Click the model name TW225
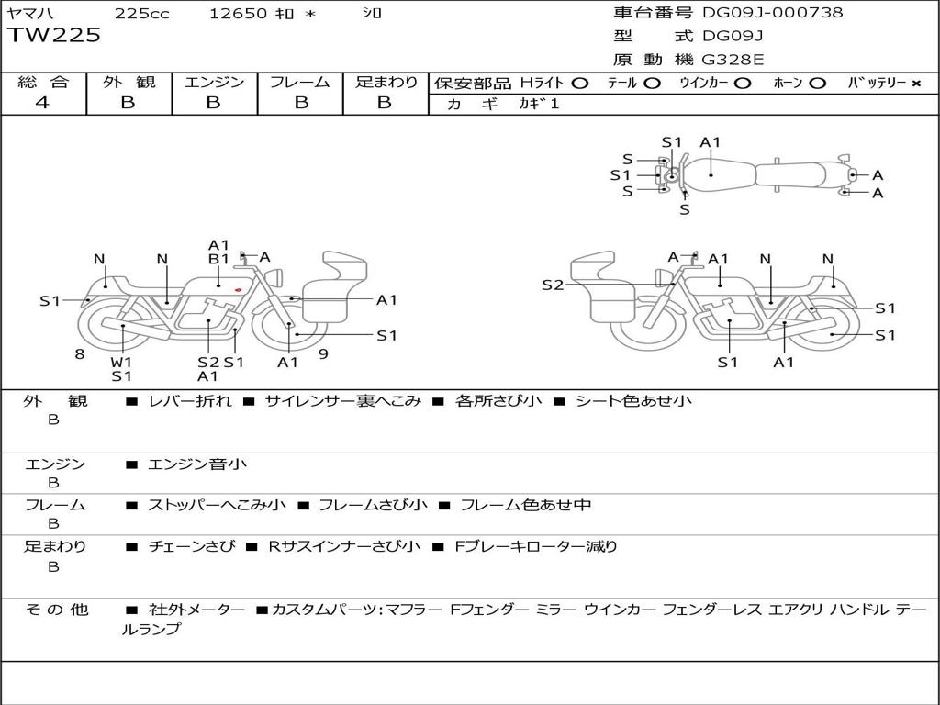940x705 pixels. (54, 36)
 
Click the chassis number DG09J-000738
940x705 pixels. (772, 13)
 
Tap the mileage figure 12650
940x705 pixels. (238, 14)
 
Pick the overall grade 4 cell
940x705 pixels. (42, 103)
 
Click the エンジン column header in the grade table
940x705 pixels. (214, 83)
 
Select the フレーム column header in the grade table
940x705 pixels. (299, 83)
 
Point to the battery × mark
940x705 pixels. (916, 84)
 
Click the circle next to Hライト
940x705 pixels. (579, 84)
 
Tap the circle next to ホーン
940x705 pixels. (817, 84)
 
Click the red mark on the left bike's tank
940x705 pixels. (238, 291)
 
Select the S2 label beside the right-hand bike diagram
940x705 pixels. (553, 285)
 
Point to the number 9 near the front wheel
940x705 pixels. (323, 352)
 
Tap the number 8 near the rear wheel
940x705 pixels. (80, 353)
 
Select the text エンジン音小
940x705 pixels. (196, 465)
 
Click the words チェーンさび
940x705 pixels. (192, 547)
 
